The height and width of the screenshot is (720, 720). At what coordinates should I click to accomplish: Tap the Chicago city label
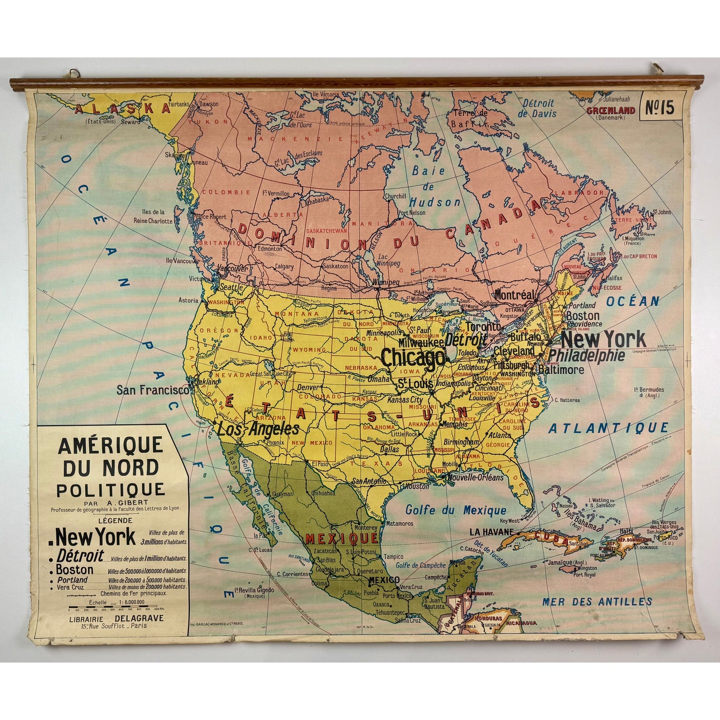413,358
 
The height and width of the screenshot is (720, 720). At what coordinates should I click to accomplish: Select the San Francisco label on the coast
152,390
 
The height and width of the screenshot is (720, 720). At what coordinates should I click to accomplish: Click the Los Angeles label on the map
258,429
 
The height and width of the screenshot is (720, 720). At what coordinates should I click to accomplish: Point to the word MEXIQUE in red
341,538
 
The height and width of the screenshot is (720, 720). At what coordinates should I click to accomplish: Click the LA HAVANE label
491,532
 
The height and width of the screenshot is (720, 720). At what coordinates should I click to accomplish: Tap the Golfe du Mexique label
455,510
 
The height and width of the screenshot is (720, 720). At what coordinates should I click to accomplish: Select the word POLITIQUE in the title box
110,490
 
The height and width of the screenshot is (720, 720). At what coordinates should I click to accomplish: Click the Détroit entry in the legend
80,556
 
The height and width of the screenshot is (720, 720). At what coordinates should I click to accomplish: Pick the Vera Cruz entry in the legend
70,587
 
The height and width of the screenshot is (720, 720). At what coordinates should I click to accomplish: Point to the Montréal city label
514,295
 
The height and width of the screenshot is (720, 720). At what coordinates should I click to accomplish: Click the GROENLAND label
610,111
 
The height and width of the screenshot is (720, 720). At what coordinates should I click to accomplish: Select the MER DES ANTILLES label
597,601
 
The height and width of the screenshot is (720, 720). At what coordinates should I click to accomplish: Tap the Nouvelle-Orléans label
475,477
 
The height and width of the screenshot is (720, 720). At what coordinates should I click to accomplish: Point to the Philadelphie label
586,355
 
